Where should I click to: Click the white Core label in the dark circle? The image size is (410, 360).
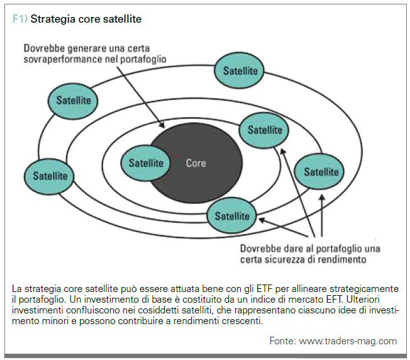[x=196, y=163]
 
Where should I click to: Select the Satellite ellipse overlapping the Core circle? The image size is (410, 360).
[x=145, y=163]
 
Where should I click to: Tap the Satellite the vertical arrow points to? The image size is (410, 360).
[x=319, y=172]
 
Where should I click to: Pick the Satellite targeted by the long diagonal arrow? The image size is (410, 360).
[x=264, y=130]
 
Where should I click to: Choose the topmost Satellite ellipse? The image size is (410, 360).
[x=239, y=70]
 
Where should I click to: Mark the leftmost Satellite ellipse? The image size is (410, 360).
[x=49, y=176]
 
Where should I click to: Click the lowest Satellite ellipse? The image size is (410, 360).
[x=231, y=216]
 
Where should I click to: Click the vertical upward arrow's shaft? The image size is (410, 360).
[x=322, y=215]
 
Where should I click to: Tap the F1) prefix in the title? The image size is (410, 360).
[x=20, y=19]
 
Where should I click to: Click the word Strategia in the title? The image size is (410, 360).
[x=53, y=19]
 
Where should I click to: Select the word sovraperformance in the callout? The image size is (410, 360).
[x=63, y=59]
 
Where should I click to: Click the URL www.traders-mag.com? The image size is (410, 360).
[x=348, y=341]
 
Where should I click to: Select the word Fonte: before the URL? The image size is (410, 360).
[x=282, y=341]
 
